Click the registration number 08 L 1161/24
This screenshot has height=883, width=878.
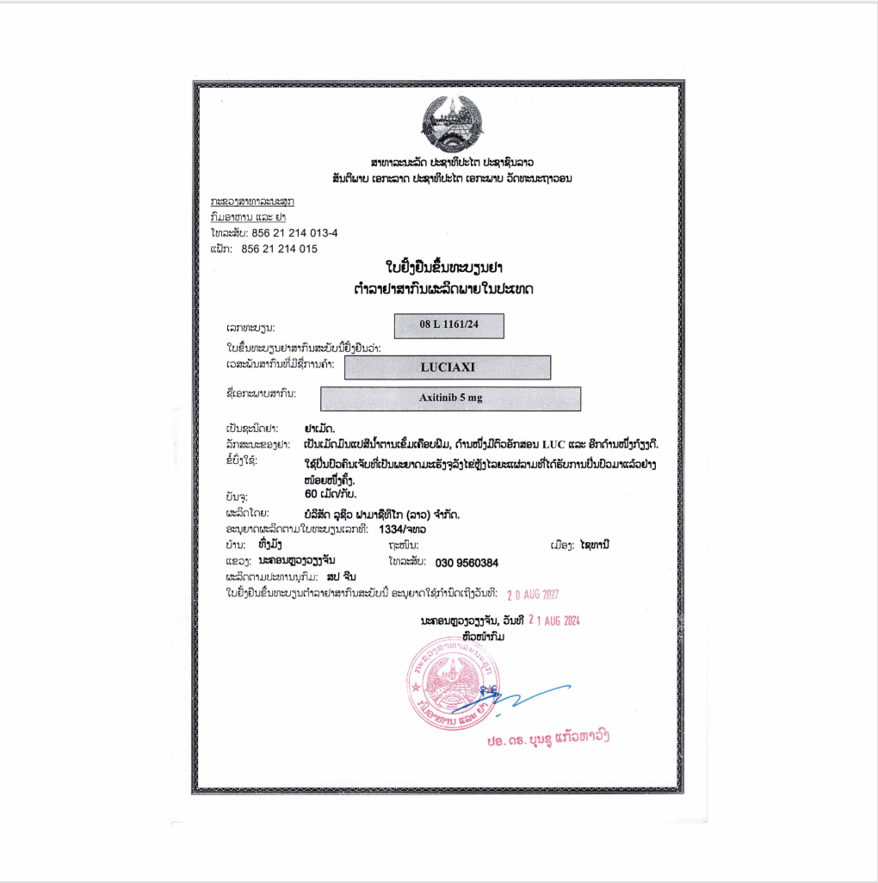tap(448, 326)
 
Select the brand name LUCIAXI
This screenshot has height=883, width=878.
tap(447, 367)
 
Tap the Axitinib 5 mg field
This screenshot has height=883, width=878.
tap(450, 398)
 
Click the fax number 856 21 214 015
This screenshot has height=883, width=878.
tap(279, 249)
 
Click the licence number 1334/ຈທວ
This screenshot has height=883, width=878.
tap(402, 528)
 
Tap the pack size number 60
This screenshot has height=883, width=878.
tap(312, 495)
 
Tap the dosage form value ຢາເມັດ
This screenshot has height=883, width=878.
tap(320, 427)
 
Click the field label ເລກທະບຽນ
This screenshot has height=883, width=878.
tap(250, 329)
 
